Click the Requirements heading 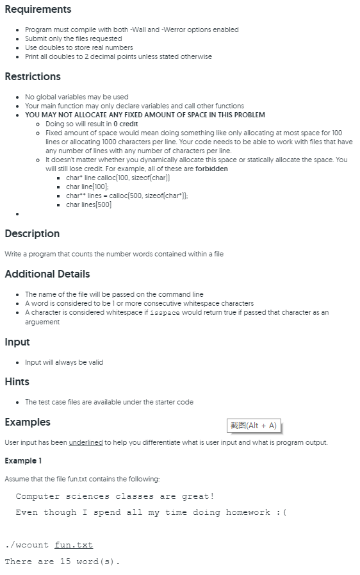pos(38,10)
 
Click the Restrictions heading pos(33,77)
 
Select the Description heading pos(32,234)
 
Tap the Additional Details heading pos(47,274)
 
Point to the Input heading pos(17,342)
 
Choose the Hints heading pos(17,382)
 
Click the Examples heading pos(28,422)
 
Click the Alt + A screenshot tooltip pos(254,426)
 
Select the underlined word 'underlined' pos(86,442)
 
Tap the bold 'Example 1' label pos(22,461)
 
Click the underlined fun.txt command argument pos(74,545)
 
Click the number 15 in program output pos(65,562)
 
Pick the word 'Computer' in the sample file pos(38,496)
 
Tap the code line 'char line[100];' pos(88,187)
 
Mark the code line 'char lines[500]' pos(88,204)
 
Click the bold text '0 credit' pos(126,124)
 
